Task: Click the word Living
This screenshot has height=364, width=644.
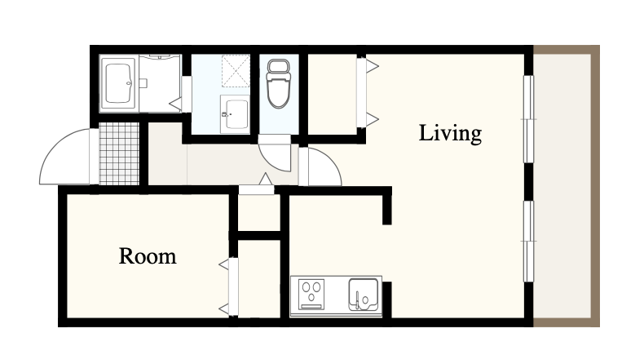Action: point(450,134)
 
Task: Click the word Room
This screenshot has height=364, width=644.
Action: point(148,255)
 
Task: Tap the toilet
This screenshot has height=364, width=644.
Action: point(279,83)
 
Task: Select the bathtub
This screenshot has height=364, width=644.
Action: point(118,83)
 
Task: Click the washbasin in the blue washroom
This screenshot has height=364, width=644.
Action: point(235,114)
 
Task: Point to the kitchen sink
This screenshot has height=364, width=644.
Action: point(363,295)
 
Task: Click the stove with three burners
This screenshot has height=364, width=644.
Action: point(311,294)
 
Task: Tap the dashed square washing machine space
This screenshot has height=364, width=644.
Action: point(236,71)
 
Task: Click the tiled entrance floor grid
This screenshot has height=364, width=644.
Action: point(119,153)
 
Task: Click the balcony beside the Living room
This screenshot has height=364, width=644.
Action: point(562,186)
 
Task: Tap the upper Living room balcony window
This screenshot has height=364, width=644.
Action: point(528,119)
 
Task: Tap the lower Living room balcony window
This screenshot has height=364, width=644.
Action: point(528,242)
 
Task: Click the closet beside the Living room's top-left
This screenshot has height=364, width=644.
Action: point(332,94)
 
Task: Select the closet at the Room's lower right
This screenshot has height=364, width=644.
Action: point(259,279)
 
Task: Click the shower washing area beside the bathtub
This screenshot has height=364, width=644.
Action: point(160,83)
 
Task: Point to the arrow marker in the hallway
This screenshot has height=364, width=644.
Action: point(266,179)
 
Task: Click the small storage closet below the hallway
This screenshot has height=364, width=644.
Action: point(259,213)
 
